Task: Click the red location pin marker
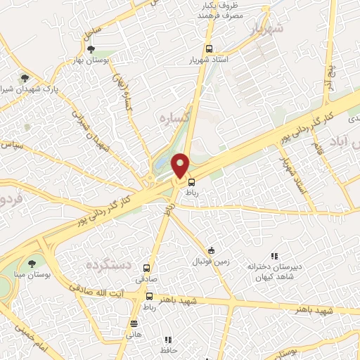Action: tap(181, 165)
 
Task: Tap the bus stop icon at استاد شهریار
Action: tap(208, 49)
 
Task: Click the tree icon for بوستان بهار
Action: tap(91, 49)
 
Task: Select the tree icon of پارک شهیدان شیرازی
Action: tap(25, 78)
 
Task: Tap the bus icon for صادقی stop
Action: tap(147, 268)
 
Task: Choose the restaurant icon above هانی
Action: tap(134, 323)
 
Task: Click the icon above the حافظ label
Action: tap(168, 340)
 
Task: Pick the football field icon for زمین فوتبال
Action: tap(211, 251)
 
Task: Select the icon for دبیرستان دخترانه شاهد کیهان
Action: tap(274, 257)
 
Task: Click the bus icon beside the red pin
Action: tap(191, 181)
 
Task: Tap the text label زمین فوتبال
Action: tap(212, 262)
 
